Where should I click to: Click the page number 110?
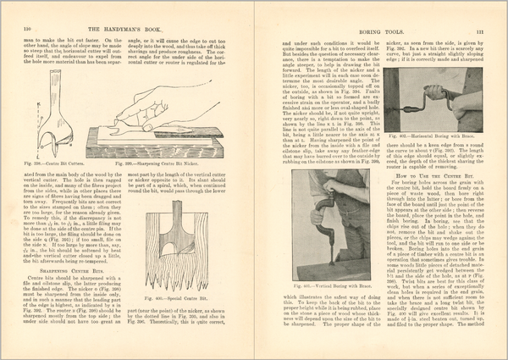click(15, 31)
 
